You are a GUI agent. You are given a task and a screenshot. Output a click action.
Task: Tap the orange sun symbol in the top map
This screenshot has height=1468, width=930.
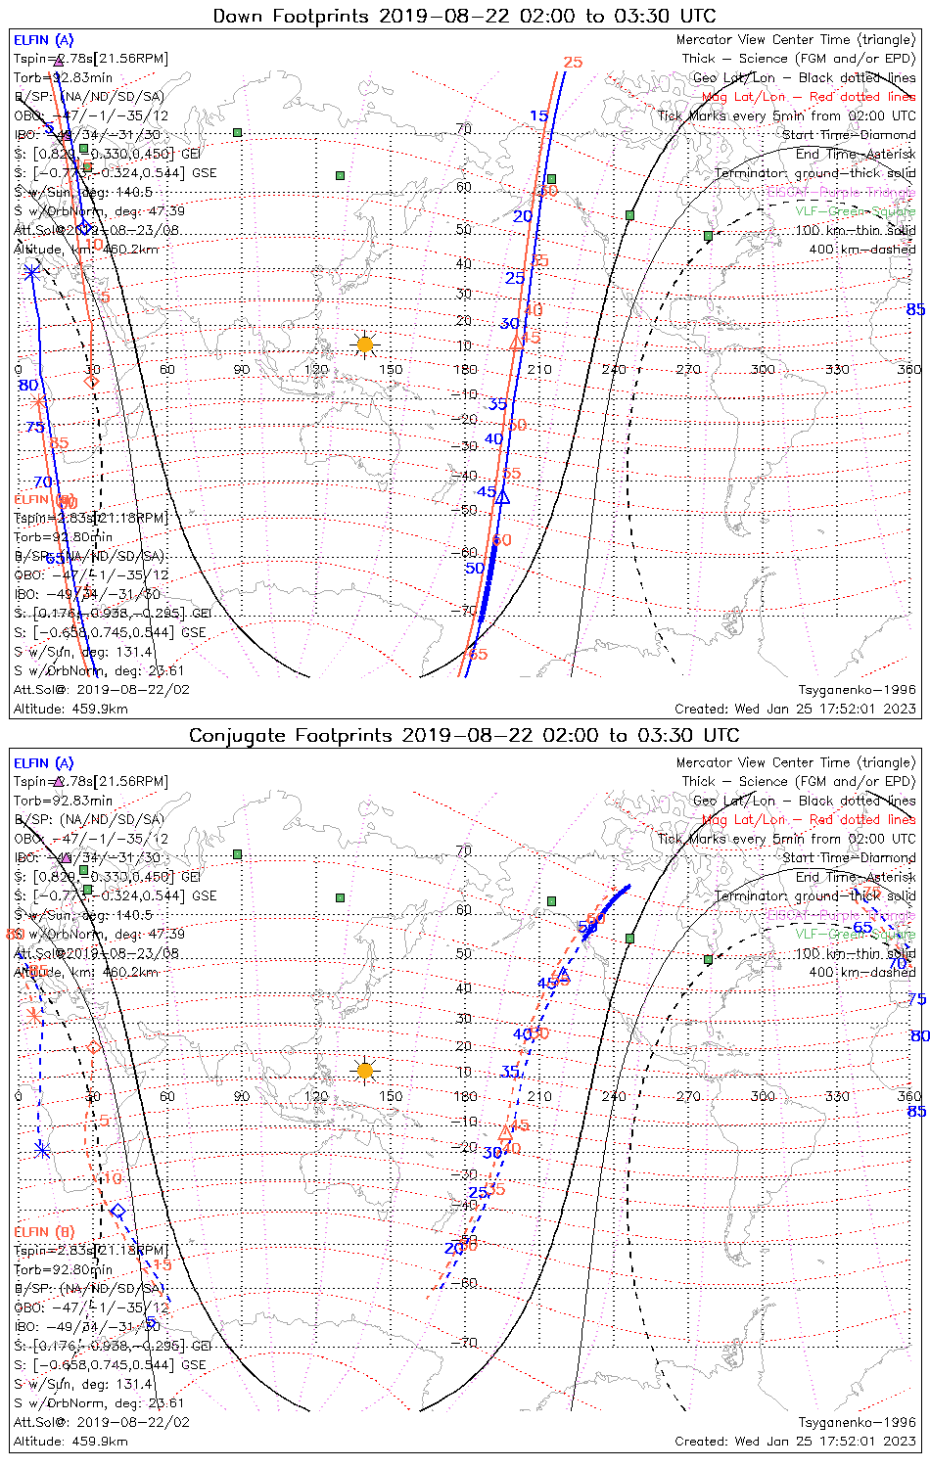(x=365, y=344)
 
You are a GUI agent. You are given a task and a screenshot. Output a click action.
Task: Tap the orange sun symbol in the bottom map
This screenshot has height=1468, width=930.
(x=365, y=1070)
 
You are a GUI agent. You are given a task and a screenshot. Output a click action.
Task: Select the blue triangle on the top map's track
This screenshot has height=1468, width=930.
(x=503, y=497)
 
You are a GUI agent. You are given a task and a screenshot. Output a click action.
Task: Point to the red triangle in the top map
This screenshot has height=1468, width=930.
(x=518, y=342)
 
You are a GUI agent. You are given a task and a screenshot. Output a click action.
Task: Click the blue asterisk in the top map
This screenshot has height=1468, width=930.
(x=31, y=272)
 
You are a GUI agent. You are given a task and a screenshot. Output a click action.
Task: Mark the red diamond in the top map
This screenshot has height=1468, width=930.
(x=92, y=381)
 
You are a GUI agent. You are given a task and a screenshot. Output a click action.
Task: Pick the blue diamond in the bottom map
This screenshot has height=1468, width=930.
(x=117, y=1212)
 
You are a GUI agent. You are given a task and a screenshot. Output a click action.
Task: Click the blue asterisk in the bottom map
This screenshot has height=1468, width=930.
(x=41, y=1150)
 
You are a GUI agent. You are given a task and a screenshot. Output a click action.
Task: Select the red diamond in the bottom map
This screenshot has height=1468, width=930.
(x=94, y=1047)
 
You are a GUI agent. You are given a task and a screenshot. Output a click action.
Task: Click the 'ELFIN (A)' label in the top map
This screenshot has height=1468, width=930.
(x=43, y=40)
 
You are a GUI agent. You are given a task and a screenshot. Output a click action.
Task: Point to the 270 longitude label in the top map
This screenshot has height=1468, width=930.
(x=688, y=369)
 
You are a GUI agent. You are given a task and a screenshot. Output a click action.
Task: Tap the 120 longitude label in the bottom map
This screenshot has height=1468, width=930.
(x=316, y=1096)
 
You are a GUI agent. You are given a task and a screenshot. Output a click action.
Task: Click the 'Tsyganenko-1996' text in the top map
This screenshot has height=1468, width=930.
(x=857, y=690)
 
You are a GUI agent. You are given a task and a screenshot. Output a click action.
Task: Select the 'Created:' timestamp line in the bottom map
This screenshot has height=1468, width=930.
(x=795, y=1441)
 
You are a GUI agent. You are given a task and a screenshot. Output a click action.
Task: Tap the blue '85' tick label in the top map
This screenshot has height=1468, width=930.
(x=915, y=310)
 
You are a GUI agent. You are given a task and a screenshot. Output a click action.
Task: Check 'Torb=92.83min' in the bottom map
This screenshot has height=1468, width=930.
(x=63, y=801)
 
